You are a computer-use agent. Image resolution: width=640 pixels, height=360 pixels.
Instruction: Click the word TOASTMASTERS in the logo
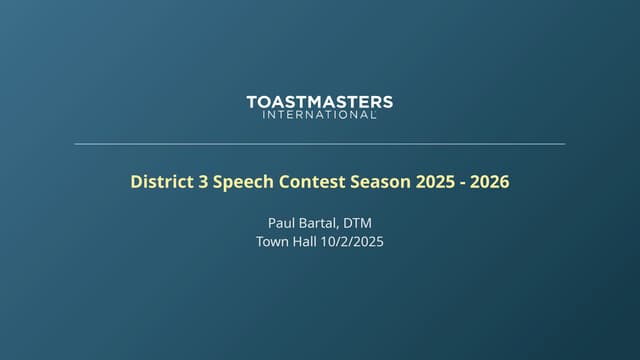tap(320, 102)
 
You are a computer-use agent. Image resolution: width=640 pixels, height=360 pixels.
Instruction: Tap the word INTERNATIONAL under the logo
tap(319, 115)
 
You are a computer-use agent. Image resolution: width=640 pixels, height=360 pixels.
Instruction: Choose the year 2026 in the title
tap(490, 182)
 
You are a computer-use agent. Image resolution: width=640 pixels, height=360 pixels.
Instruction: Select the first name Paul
tap(282, 222)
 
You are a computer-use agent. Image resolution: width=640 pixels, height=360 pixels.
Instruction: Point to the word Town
tap(273, 241)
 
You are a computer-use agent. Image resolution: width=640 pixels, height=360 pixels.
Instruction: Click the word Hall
tap(310, 241)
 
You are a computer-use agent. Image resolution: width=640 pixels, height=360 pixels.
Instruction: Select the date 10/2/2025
tap(356, 241)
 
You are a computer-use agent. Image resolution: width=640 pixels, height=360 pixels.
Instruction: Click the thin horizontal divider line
tap(320, 144)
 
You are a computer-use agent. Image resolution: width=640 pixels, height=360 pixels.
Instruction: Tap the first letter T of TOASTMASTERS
tap(251, 102)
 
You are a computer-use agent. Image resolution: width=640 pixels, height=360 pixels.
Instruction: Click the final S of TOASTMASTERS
tap(388, 102)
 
